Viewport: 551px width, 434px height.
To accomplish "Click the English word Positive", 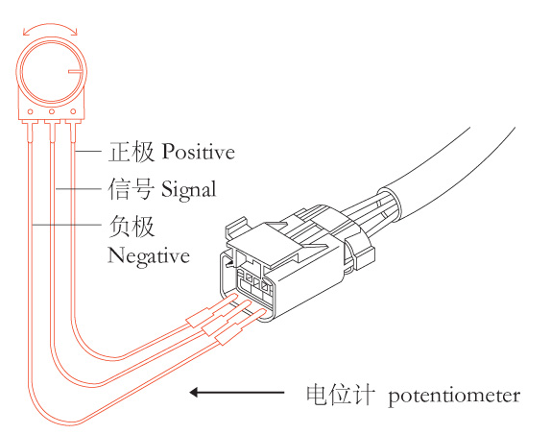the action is click(199, 152).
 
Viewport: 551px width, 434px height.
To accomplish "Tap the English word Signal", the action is click(189, 190).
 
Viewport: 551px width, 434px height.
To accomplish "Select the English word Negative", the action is click(149, 255).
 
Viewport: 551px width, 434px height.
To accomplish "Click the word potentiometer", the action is click(454, 396).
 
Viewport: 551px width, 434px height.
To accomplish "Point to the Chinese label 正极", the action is click(132, 152).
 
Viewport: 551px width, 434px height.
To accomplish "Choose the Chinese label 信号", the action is click(132, 189).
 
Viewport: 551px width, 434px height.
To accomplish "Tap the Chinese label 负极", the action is click(132, 227).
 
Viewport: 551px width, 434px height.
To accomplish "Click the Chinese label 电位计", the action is click(339, 395).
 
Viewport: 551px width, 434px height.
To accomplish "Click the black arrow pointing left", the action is click(237, 392).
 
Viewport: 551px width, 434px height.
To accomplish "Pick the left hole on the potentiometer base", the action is click(31, 112).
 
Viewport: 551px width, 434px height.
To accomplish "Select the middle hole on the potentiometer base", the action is click(52, 112).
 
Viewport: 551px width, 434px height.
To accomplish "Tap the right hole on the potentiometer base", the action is click(73, 111).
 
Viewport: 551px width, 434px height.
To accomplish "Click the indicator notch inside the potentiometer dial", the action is click(76, 72).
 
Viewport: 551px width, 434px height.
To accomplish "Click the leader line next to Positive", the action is click(88, 151).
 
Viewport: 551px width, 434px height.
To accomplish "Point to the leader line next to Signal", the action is click(79, 189).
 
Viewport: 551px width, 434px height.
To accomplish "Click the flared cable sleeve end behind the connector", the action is click(390, 205).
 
